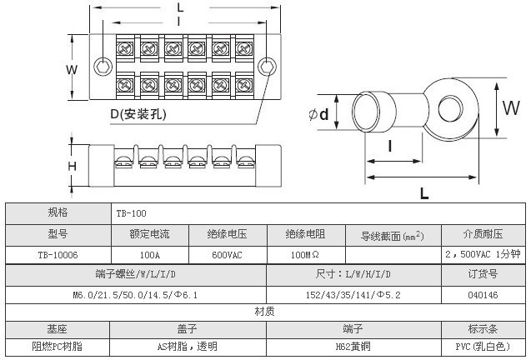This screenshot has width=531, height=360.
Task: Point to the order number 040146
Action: click(x=483, y=295)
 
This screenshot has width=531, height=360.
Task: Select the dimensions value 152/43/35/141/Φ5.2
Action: click(x=353, y=295)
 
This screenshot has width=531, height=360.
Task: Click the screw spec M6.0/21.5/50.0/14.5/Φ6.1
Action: click(x=135, y=295)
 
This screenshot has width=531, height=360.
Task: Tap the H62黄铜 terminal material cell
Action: click(x=353, y=344)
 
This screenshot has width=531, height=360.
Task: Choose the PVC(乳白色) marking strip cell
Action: click(x=483, y=344)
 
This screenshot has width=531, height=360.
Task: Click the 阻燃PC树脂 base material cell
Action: click(x=58, y=344)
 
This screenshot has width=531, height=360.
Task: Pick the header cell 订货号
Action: click(x=483, y=274)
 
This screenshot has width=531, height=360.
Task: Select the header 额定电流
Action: click(x=150, y=234)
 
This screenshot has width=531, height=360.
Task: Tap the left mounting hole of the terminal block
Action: click(x=103, y=67)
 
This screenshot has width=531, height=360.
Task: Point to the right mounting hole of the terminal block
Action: click(x=268, y=67)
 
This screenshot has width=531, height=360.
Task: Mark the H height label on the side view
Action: click(x=73, y=166)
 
